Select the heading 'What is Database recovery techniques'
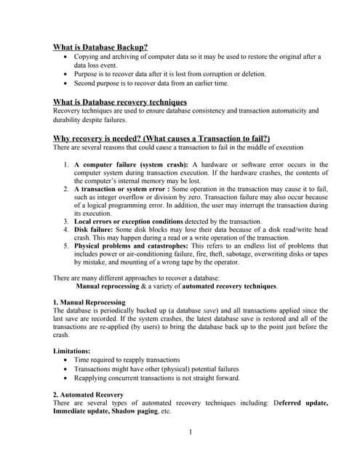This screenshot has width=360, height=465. point(120,102)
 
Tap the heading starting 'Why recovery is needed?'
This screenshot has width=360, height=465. point(161,138)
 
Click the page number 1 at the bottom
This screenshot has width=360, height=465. point(190,433)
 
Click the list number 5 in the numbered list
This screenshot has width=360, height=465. point(65,246)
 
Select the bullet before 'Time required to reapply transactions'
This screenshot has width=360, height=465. point(68,360)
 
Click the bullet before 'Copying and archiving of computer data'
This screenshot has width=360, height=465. point(68,56)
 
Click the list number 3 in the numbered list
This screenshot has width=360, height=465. point(65,221)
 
